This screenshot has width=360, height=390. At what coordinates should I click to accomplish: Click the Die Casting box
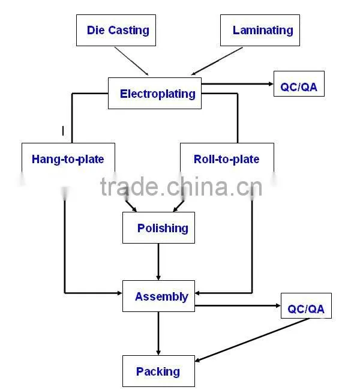point(116,30)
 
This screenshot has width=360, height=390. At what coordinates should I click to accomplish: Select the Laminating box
point(260,30)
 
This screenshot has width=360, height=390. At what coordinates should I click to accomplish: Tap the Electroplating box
point(155,93)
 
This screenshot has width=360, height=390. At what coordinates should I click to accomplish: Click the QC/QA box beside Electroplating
point(299,84)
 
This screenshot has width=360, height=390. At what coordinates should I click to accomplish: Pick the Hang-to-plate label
point(68,159)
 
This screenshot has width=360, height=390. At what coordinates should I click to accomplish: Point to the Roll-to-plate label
point(226,159)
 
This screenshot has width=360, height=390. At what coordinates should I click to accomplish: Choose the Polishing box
point(158,227)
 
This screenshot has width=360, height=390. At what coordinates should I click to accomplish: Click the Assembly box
point(158,296)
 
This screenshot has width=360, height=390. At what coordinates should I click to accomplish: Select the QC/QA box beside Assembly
point(306,305)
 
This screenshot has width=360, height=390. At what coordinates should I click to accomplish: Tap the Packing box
point(158,371)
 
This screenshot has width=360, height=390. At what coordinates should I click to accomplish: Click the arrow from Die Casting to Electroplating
point(131,61)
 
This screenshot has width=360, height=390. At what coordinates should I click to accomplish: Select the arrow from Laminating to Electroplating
point(217,61)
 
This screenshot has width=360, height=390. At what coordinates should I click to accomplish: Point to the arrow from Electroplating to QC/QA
point(238,84)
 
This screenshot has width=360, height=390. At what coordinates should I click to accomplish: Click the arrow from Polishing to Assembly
point(158,262)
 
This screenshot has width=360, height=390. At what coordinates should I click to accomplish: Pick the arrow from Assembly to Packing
point(158,334)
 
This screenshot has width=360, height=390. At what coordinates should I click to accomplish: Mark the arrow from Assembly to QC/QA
point(238,305)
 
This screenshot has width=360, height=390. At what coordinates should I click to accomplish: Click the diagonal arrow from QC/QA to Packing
point(252,340)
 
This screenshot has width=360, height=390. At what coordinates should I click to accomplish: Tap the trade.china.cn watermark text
point(181,187)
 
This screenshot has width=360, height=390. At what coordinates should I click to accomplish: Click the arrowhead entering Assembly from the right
point(197,293)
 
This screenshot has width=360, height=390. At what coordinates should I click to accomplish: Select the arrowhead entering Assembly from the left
point(119,293)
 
